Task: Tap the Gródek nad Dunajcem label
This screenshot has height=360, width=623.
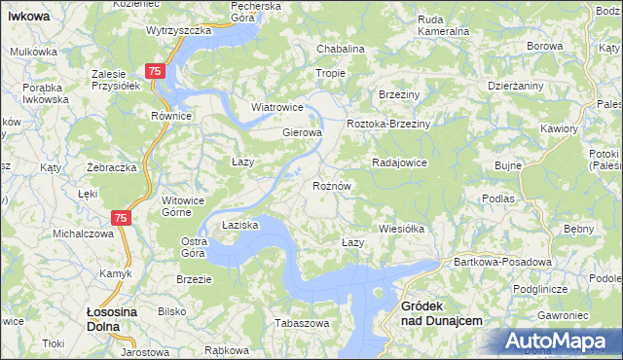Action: coord(441,312)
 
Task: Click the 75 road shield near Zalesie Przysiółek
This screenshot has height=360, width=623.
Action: coord(155,72)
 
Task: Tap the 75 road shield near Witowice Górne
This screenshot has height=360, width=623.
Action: coord(121,220)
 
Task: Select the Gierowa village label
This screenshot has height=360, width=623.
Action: coord(302,132)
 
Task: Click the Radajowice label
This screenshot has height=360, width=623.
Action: coord(400,162)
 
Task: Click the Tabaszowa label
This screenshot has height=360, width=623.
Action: coord(300,322)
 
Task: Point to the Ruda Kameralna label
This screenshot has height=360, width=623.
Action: coord(443,25)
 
